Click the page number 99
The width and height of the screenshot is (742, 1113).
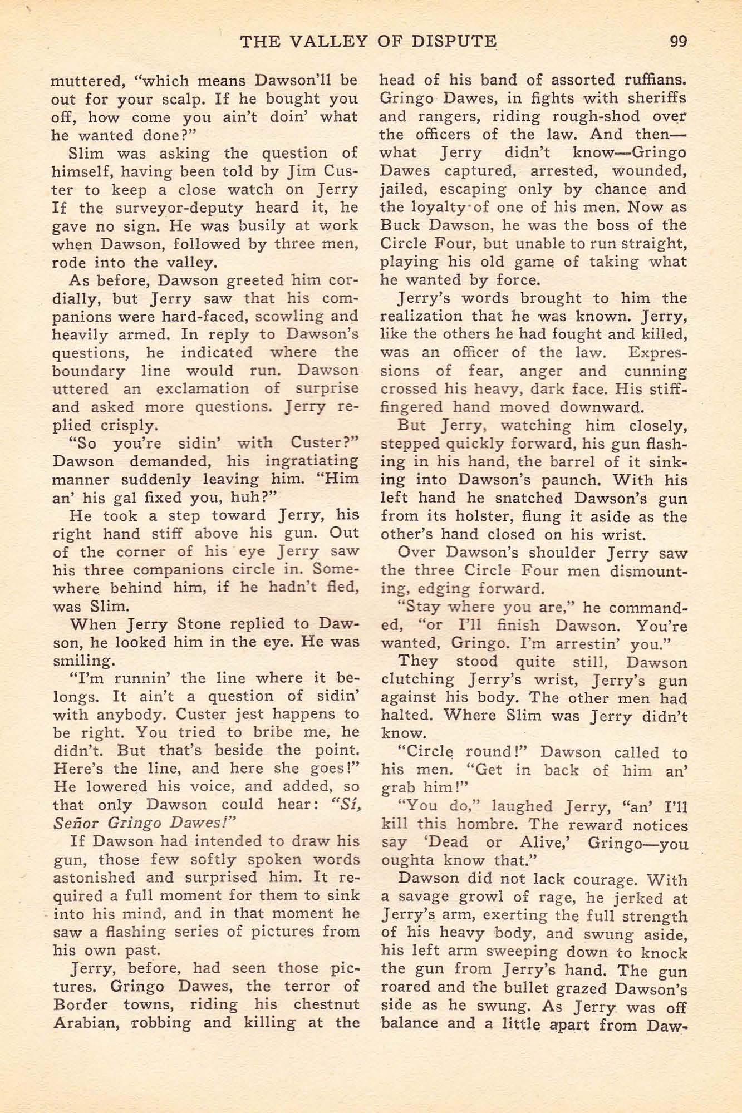(x=679, y=41)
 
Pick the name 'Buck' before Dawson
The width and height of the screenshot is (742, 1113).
(x=399, y=226)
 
